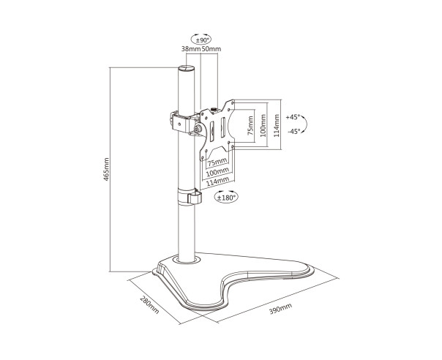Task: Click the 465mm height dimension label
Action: coord(106,169)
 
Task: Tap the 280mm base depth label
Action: coord(149,304)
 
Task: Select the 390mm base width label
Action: coord(280,308)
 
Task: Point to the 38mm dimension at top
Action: coord(190,49)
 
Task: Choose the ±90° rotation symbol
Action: coord(201,40)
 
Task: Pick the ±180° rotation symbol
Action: coord(226,197)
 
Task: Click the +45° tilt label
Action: coord(293,117)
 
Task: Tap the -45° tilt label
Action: coord(294,131)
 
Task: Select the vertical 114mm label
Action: coord(277,126)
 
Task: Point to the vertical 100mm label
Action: coord(263,126)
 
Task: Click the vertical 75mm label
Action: coord(250,126)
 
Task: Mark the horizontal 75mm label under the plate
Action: coord(217,162)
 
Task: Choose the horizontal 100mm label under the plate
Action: coord(217,172)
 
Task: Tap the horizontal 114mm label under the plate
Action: coord(217,182)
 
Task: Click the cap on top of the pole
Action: coord(187,68)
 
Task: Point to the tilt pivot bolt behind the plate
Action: coord(198,129)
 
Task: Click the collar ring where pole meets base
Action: coord(187,260)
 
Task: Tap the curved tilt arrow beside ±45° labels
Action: coord(306,124)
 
